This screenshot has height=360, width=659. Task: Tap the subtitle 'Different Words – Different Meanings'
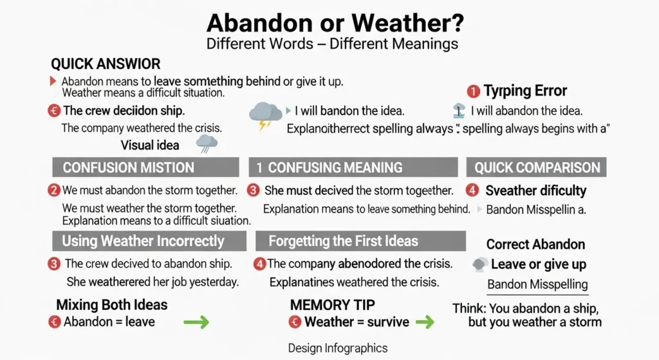pos(332,44)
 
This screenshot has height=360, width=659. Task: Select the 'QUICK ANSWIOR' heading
pos(106,64)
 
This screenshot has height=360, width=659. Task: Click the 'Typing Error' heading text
pos(525,91)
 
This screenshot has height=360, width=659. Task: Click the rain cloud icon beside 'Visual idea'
pos(207,143)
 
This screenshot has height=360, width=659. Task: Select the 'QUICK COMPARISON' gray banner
pos(537,167)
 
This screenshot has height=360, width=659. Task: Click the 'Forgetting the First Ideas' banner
pos(360,242)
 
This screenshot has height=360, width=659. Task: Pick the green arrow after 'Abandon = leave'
pos(196,321)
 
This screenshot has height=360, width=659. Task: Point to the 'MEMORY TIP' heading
pos(333,304)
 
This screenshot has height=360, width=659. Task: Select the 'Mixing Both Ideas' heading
pos(112,305)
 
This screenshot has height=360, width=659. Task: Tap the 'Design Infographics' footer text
pos(338,348)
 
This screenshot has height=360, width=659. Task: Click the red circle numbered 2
pos(54,191)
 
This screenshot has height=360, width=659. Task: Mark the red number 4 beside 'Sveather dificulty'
pos(473,191)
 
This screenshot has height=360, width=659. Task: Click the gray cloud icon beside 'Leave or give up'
pos(480,264)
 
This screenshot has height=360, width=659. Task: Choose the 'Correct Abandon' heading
pos(535,244)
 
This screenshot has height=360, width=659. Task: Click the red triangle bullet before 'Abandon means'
pos(53,82)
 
